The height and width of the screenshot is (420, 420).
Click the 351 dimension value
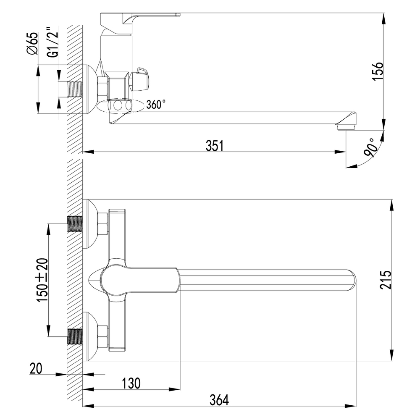click(214, 145)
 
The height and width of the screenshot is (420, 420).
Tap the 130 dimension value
click(131, 383)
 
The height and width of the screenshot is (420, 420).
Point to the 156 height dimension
click(378, 71)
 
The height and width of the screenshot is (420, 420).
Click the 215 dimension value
click(385, 280)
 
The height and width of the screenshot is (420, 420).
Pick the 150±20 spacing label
click(43, 280)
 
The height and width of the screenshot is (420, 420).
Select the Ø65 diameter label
click(32, 44)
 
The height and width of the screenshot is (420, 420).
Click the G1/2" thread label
click(51, 44)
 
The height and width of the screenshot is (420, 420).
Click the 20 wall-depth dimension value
click(37, 369)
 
